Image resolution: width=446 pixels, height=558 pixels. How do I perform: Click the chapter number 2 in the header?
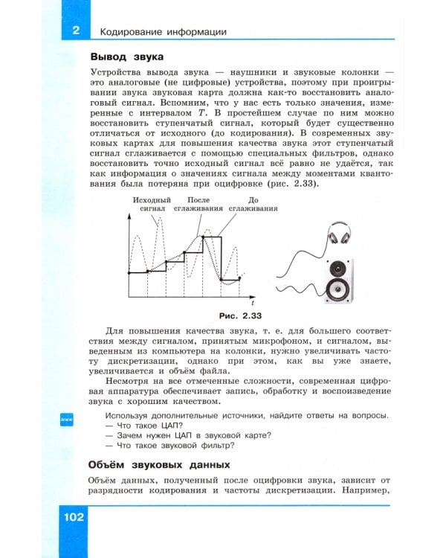point(75,31)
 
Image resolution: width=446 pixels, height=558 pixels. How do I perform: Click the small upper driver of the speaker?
point(339,266)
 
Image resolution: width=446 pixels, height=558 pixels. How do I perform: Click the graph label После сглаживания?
point(198,205)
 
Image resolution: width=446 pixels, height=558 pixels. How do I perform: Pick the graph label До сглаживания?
point(253,205)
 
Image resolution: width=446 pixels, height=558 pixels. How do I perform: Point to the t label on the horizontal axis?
point(253,304)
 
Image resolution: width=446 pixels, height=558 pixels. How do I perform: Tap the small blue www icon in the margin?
point(65,420)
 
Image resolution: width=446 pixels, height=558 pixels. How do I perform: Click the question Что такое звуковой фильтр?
point(170,445)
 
